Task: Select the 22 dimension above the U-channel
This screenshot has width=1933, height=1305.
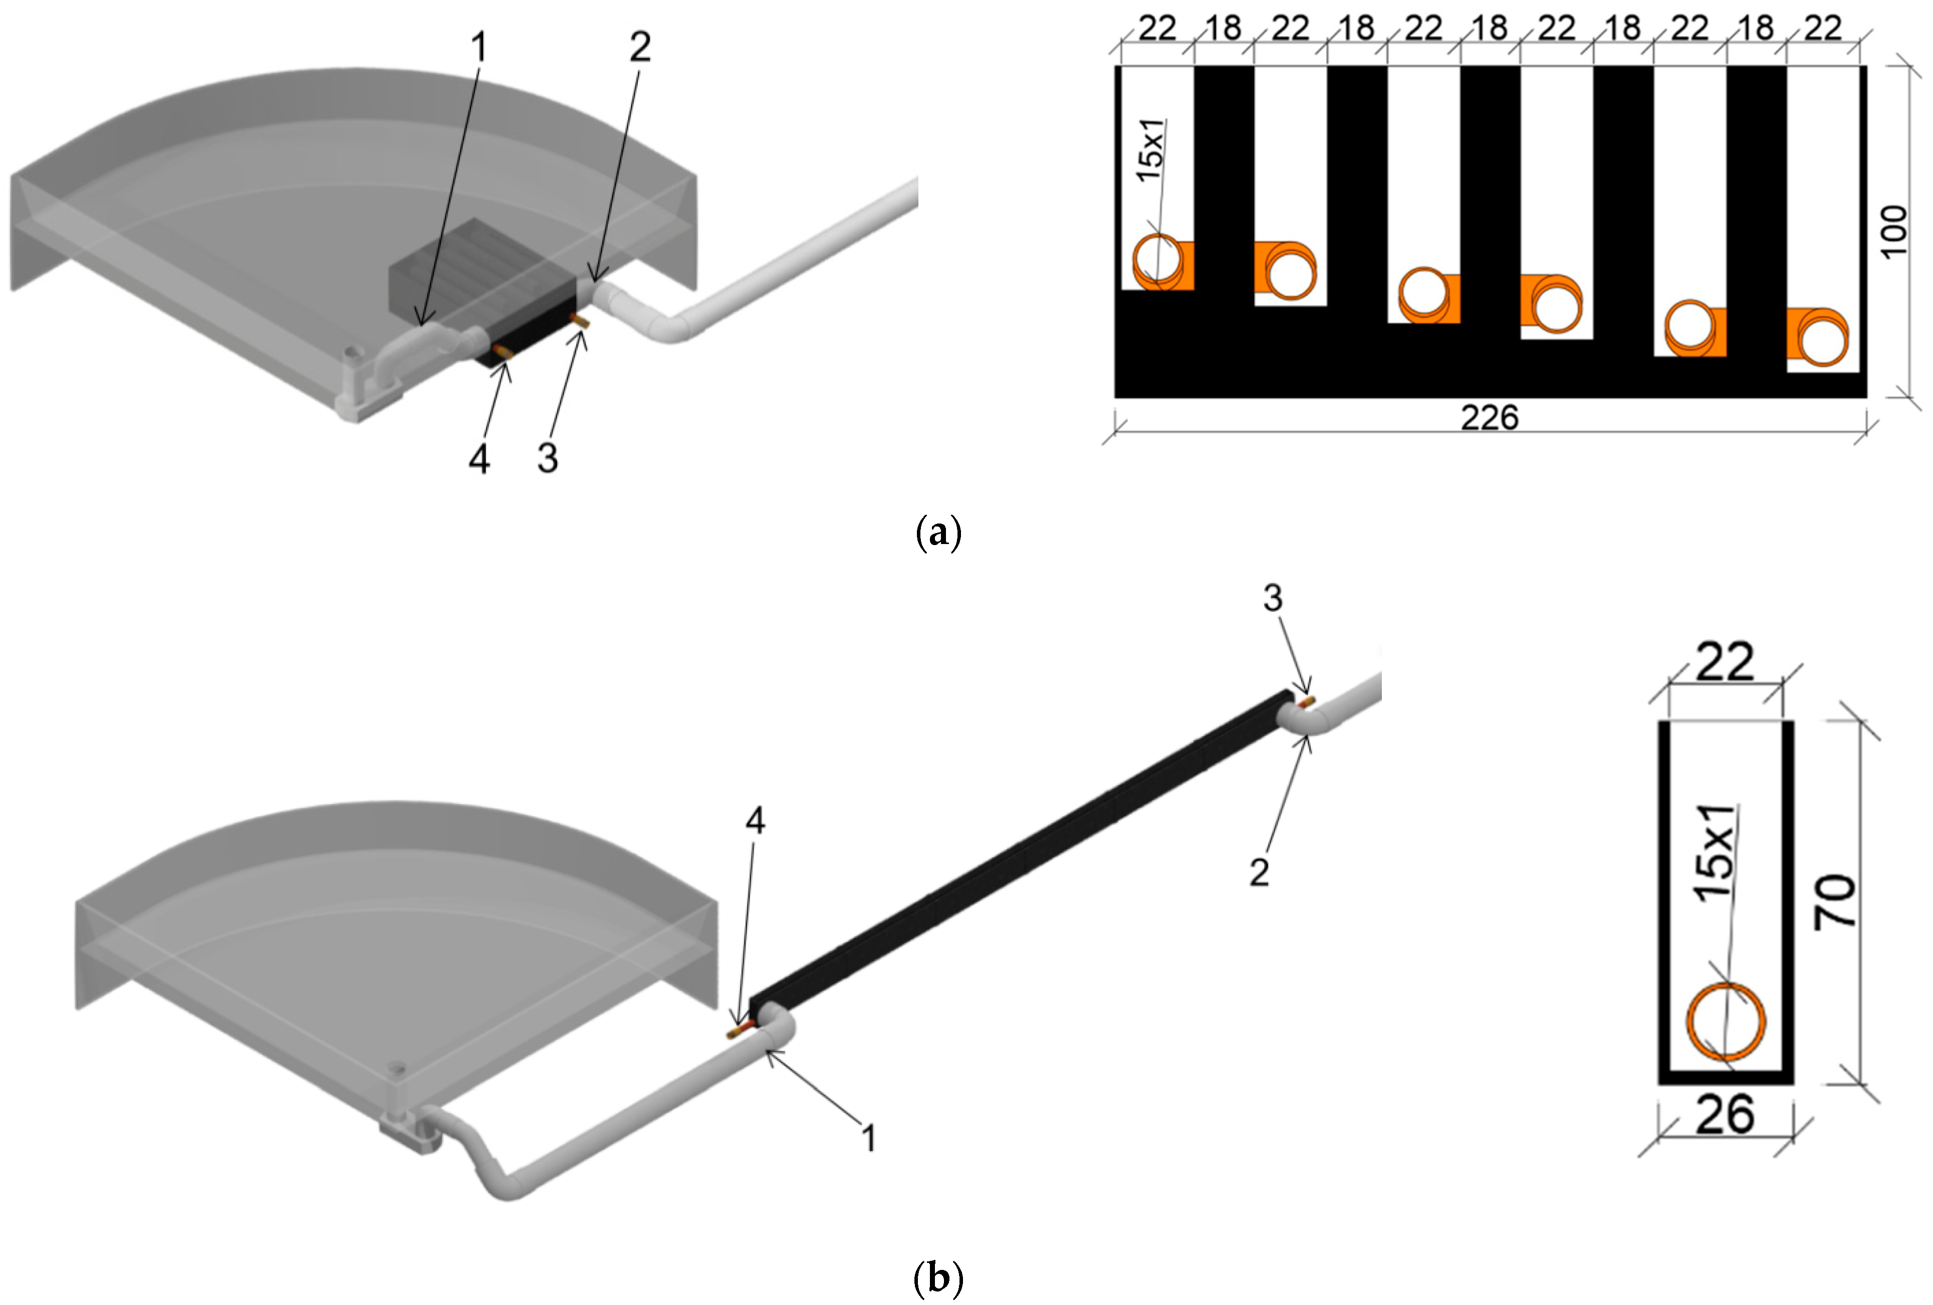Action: point(1724,662)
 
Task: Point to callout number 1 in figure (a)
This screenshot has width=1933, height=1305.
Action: point(478,48)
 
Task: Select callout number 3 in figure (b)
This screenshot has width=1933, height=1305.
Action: point(1273,597)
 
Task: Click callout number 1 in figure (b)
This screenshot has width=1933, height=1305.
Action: point(868,1138)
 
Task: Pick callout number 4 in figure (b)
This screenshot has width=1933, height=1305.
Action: point(755,821)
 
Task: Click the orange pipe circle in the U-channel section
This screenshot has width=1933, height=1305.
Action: point(1726,1023)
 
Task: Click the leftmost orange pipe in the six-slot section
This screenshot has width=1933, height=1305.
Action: point(1157,261)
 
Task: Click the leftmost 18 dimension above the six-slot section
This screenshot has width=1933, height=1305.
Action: point(1223,29)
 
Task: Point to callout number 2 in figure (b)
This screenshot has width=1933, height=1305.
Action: point(1259,872)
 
